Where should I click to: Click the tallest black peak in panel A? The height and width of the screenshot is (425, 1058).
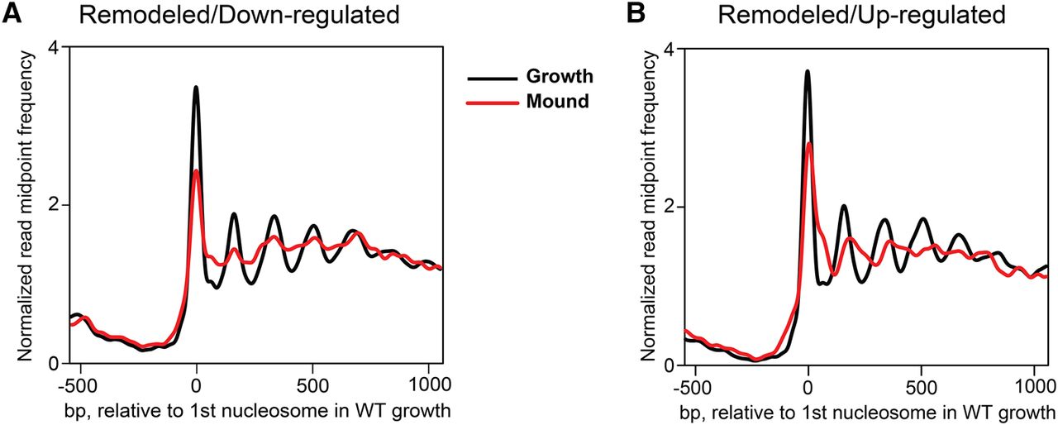click(196, 87)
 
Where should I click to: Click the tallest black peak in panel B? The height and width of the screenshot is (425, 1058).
click(807, 71)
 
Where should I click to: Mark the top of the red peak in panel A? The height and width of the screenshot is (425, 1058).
click(196, 170)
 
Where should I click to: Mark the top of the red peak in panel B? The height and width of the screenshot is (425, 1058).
click(809, 144)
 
